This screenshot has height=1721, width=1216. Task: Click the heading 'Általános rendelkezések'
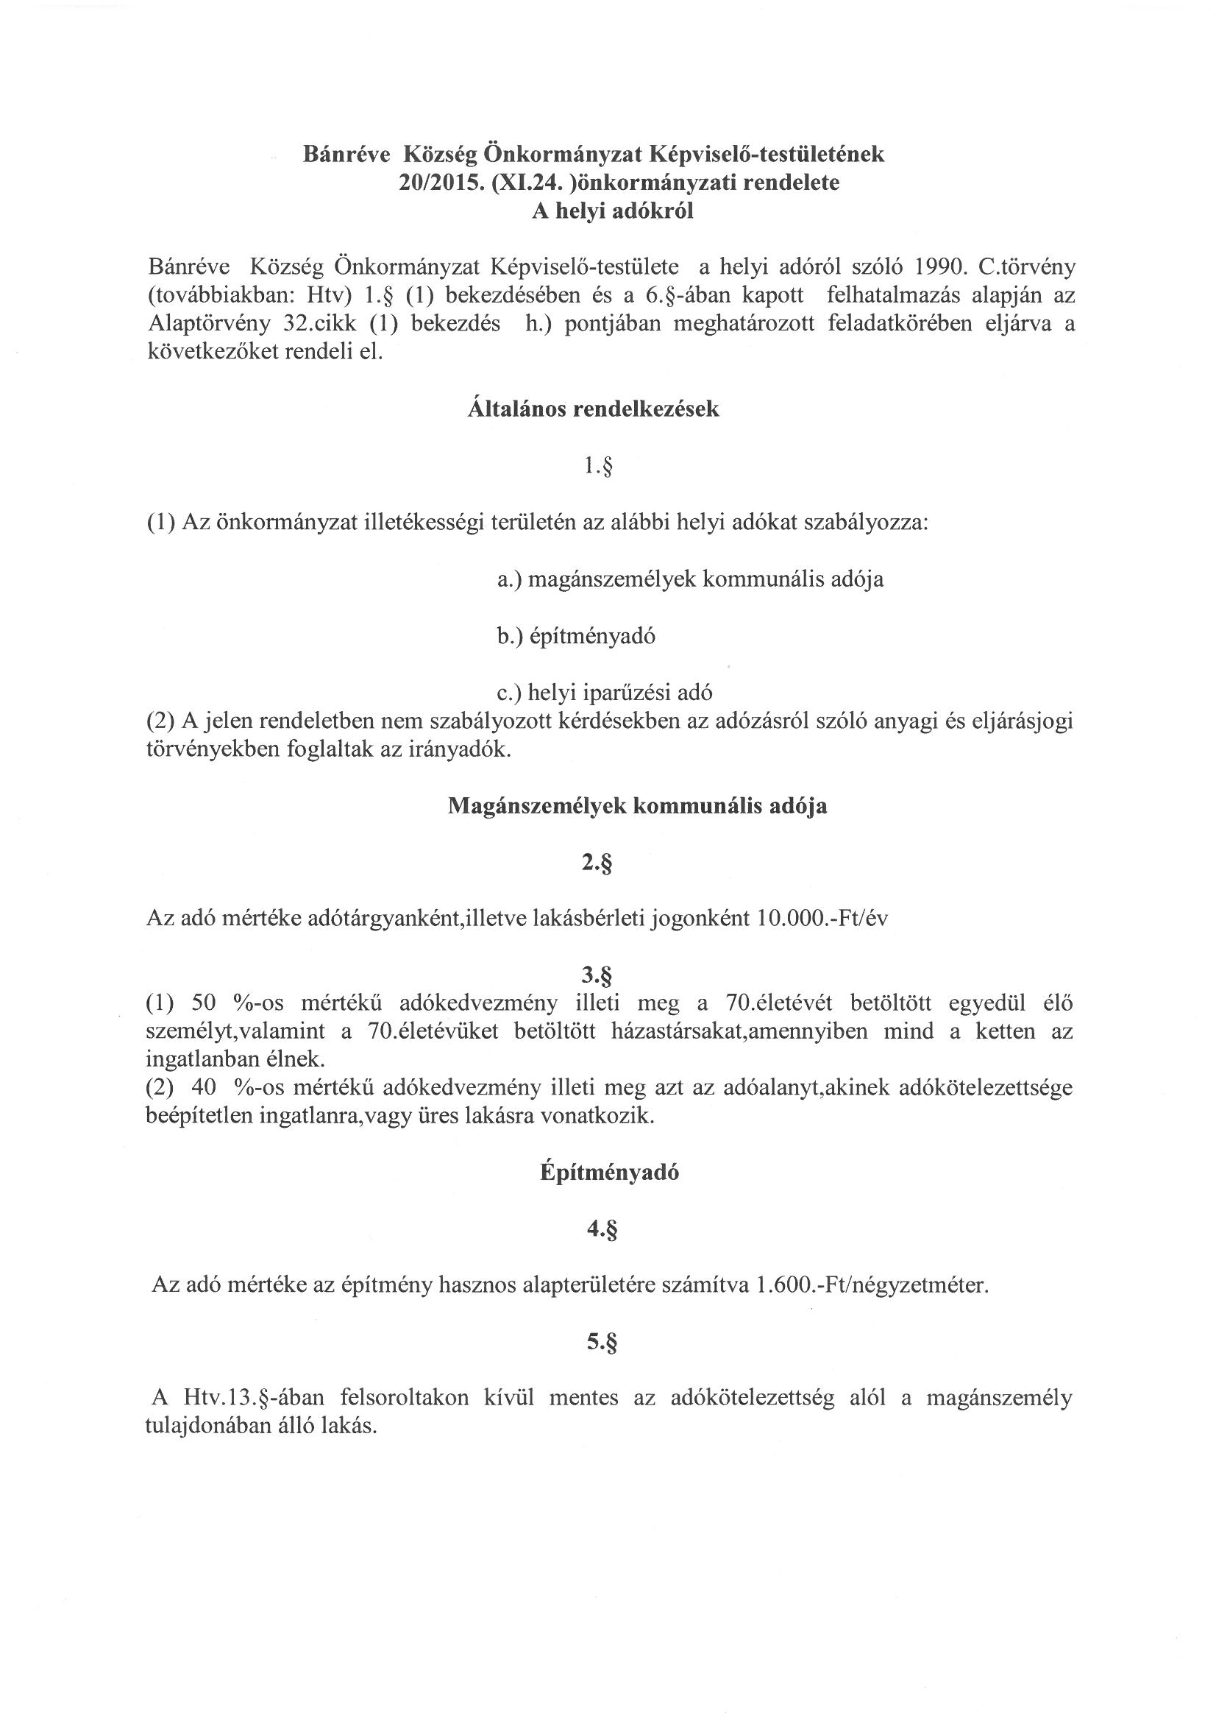[x=593, y=409]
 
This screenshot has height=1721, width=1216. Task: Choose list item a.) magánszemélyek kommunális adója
[x=690, y=579]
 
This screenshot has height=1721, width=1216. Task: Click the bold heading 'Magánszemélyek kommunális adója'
[x=637, y=807]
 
